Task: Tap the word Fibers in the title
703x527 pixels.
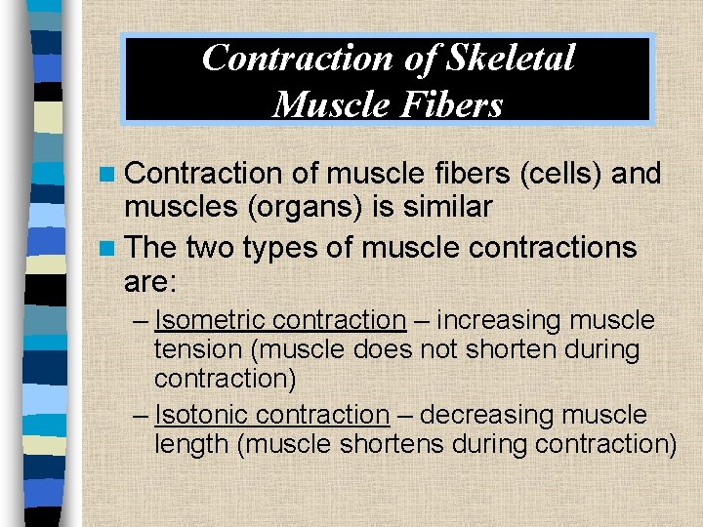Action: tap(454, 103)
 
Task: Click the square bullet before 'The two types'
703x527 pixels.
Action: tap(110, 248)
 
